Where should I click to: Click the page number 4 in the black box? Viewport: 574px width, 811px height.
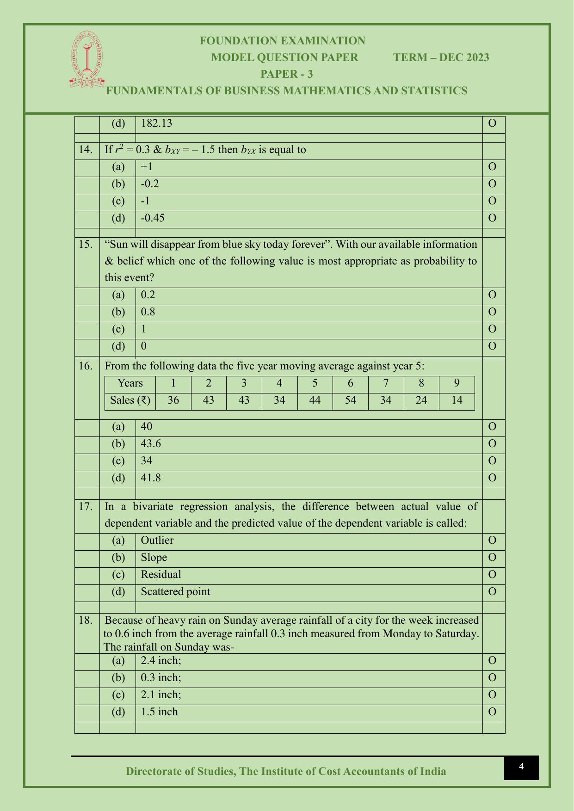pyautogui.click(x=521, y=767)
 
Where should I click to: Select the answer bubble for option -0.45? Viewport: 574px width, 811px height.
pyautogui.click(x=492, y=218)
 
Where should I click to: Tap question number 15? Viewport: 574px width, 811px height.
pyautogui.click(x=86, y=244)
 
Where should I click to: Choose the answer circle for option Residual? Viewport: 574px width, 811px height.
pyautogui.click(x=492, y=574)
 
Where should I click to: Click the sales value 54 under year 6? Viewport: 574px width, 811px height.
pyautogui.click(x=350, y=400)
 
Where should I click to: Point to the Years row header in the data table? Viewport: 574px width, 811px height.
pyautogui.click(x=130, y=383)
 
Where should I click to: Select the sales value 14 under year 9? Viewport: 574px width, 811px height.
pyautogui.click(x=457, y=400)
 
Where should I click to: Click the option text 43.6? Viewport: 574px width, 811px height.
pyautogui.click(x=151, y=443)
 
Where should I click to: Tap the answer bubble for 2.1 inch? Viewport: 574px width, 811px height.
pyautogui.click(x=492, y=694)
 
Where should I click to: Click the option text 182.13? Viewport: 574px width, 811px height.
pyautogui.click(x=156, y=123)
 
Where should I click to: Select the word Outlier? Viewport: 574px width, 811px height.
pyautogui.click(x=157, y=540)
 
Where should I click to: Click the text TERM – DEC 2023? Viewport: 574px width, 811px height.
pyautogui.click(x=441, y=57)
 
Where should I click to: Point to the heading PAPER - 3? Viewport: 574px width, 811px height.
pyautogui.click(x=287, y=74)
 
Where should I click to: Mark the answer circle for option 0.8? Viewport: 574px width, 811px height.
pyautogui.click(x=492, y=312)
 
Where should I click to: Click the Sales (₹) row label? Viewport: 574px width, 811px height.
pyautogui.click(x=130, y=400)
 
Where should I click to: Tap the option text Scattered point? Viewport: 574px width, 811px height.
pyautogui.click(x=175, y=591)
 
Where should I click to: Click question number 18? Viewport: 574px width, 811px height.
pyautogui.click(x=86, y=620)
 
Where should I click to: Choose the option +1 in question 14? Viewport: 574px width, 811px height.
pyautogui.click(x=147, y=166)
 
